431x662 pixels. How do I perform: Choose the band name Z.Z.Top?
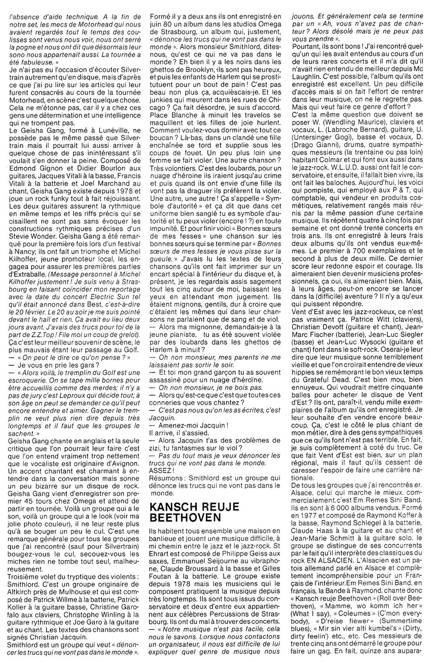coord(51,335)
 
